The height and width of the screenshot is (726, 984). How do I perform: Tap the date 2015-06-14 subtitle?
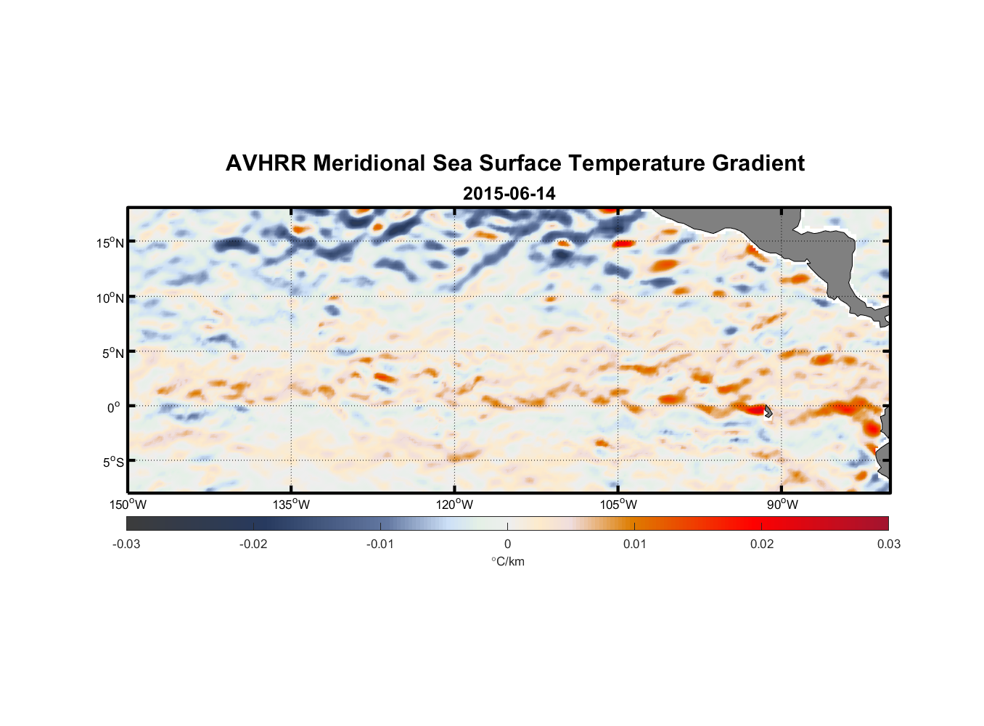(x=509, y=194)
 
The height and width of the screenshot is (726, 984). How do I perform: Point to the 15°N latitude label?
(x=110, y=242)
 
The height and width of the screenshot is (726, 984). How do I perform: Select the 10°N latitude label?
(x=110, y=298)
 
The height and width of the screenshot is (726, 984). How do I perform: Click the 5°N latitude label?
(x=112, y=353)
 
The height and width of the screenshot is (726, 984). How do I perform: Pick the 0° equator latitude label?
(x=115, y=407)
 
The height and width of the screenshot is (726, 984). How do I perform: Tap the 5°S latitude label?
(x=112, y=462)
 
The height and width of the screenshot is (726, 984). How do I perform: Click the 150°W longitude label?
(x=128, y=505)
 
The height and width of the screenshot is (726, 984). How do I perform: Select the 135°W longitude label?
(x=292, y=505)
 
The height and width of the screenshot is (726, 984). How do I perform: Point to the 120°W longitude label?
(x=455, y=505)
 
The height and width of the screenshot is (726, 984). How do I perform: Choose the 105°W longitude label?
(x=618, y=505)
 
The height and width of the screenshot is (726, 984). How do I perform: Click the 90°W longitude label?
(x=782, y=505)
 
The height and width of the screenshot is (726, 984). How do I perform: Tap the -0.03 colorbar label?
(x=126, y=544)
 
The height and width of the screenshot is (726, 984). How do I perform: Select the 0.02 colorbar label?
(x=762, y=544)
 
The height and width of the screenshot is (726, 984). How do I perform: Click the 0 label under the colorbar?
(x=507, y=544)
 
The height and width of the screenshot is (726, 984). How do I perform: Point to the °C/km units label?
(x=508, y=561)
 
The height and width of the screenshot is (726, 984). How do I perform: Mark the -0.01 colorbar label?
(x=380, y=544)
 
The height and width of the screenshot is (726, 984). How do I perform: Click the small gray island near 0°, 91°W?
(x=768, y=412)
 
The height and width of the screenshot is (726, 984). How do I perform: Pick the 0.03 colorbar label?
(x=888, y=544)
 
